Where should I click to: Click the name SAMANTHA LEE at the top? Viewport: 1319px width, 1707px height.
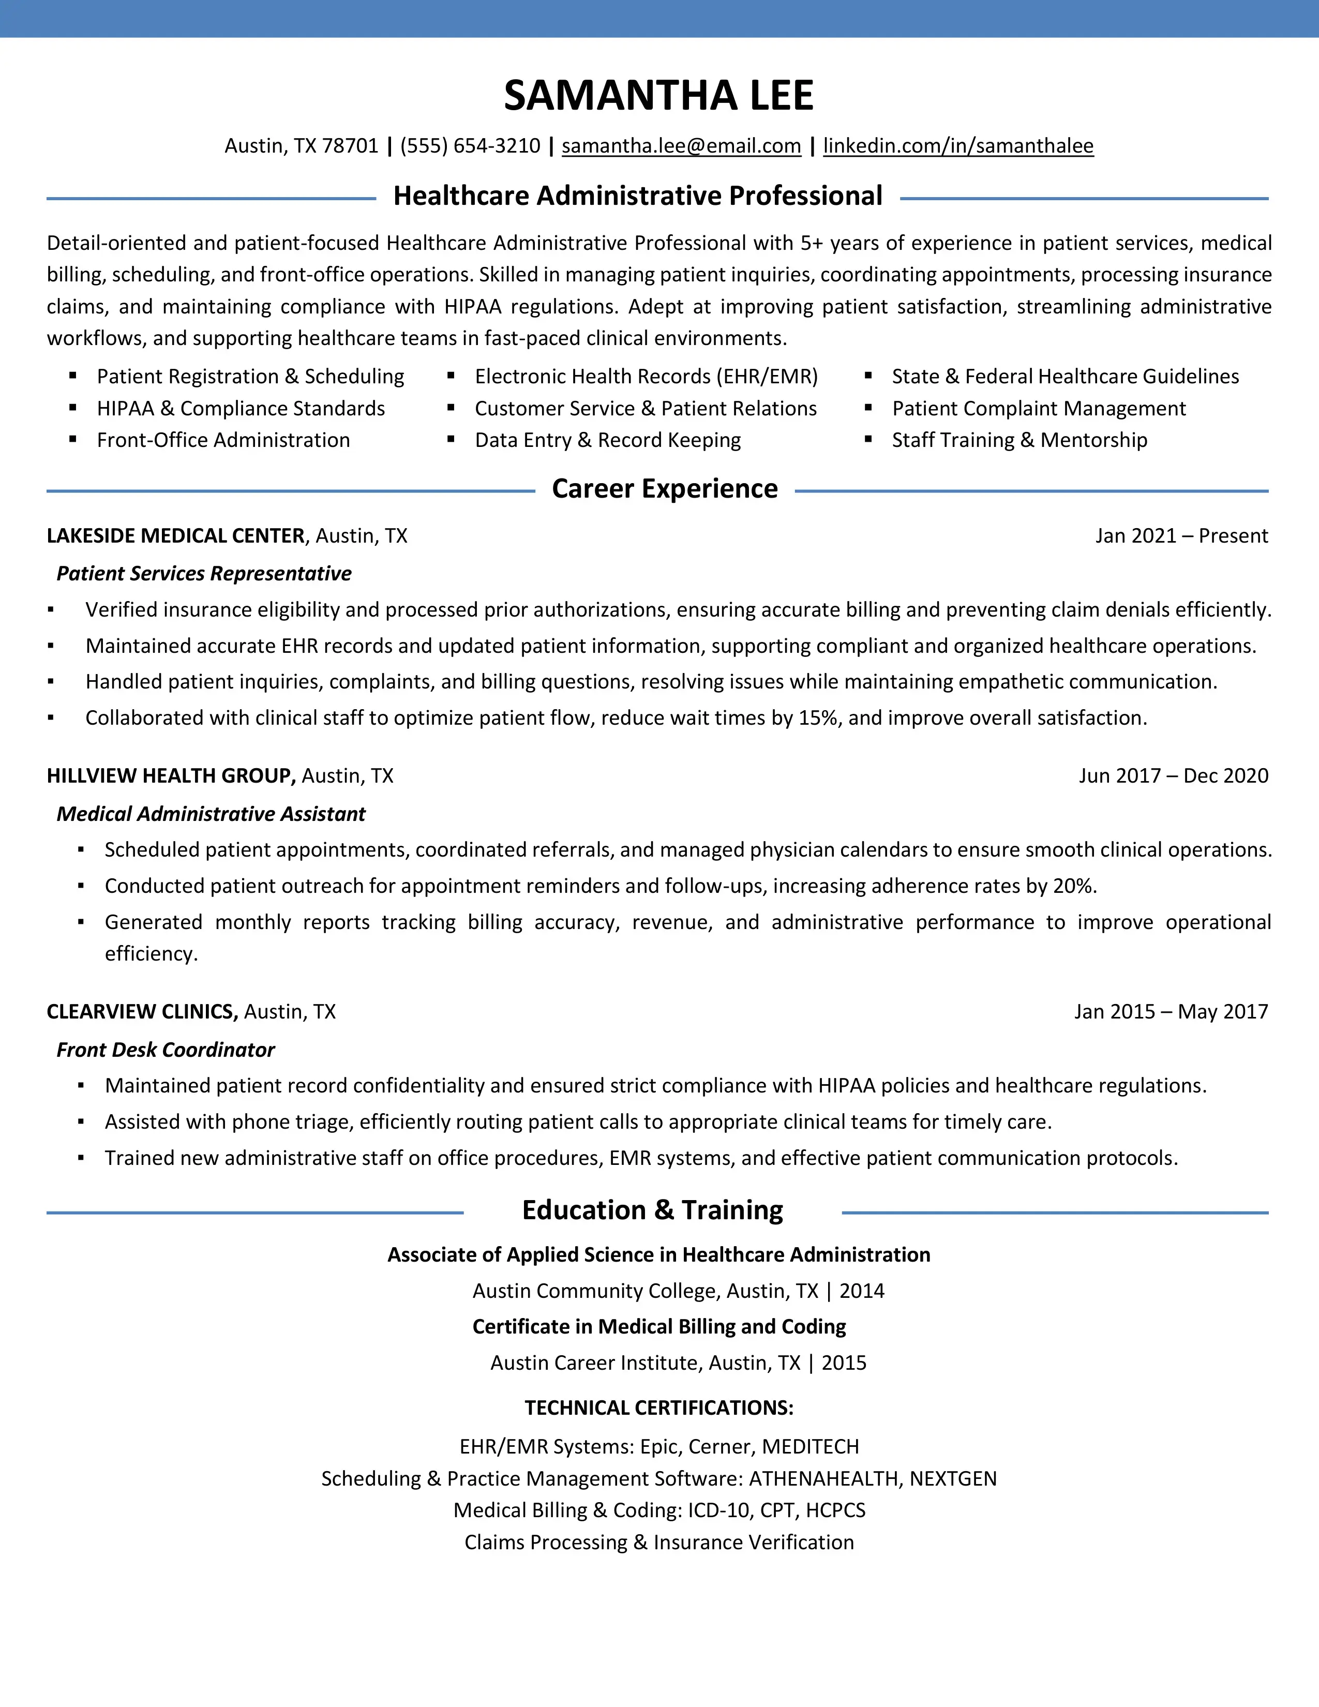click(658, 95)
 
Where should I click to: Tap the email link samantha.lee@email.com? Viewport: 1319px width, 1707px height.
click(681, 146)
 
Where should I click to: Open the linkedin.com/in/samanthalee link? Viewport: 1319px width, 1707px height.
click(958, 146)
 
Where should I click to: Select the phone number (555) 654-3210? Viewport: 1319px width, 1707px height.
click(470, 146)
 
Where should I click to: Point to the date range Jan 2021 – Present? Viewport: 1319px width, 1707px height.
click(1181, 536)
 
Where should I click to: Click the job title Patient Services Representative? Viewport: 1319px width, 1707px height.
click(204, 574)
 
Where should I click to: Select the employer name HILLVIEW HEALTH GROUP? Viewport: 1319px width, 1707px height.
click(170, 776)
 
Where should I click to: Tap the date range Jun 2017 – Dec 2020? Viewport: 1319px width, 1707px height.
click(1173, 776)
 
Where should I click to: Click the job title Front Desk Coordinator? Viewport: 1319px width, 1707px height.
click(166, 1050)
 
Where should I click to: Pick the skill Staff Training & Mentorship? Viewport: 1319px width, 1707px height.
click(1019, 440)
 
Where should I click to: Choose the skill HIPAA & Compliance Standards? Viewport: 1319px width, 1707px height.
click(241, 409)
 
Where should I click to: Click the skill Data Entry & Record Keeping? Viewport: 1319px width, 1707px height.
click(607, 440)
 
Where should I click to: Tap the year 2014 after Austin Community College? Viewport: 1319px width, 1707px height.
click(861, 1291)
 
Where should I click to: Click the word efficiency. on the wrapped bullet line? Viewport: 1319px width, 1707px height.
click(151, 954)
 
